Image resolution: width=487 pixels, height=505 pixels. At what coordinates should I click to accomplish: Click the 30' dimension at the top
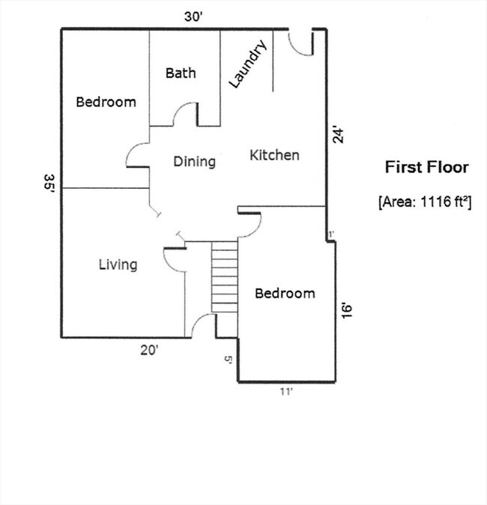(194, 17)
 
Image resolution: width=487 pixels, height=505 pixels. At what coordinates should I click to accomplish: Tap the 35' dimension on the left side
(49, 184)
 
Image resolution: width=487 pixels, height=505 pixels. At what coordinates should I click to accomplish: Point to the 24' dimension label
(339, 136)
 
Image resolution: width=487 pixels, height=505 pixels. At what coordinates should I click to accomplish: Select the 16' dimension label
(346, 310)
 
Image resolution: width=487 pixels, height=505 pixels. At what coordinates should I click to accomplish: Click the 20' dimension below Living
(148, 348)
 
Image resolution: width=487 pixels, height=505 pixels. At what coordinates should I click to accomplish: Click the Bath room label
(181, 73)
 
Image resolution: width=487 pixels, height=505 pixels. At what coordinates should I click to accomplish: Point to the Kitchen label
(274, 155)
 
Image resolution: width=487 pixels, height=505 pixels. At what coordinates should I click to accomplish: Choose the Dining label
(194, 161)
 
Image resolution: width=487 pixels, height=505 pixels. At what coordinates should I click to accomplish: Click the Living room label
(118, 264)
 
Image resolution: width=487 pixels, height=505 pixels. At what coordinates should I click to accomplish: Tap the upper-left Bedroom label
(106, 102)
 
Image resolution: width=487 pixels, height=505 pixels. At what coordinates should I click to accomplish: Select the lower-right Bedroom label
(285, 293)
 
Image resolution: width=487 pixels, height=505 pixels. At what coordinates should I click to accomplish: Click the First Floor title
(426, 167)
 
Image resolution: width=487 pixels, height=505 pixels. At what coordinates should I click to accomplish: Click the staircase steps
(224, 276)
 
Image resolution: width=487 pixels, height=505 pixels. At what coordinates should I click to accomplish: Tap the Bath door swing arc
(185, 116)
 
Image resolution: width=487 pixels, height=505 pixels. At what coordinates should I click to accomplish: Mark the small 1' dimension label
(330, 235)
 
